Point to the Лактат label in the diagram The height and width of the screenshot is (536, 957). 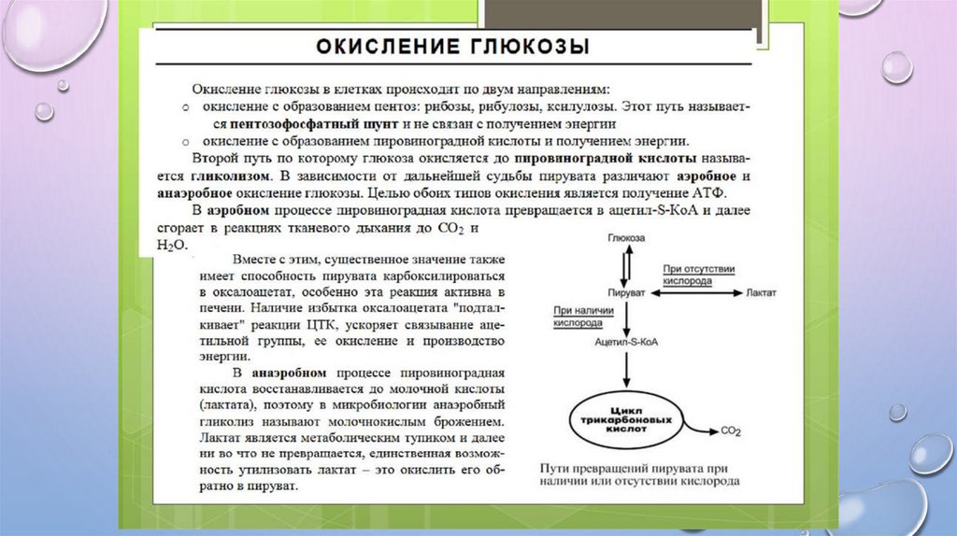(761, 292)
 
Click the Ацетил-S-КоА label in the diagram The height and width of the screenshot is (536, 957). (626, 343)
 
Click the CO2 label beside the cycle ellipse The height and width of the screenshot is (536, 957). (731, 431)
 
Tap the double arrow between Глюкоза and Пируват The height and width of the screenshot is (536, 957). (626, 265)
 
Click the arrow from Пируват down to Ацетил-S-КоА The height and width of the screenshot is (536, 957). (626, 317)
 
